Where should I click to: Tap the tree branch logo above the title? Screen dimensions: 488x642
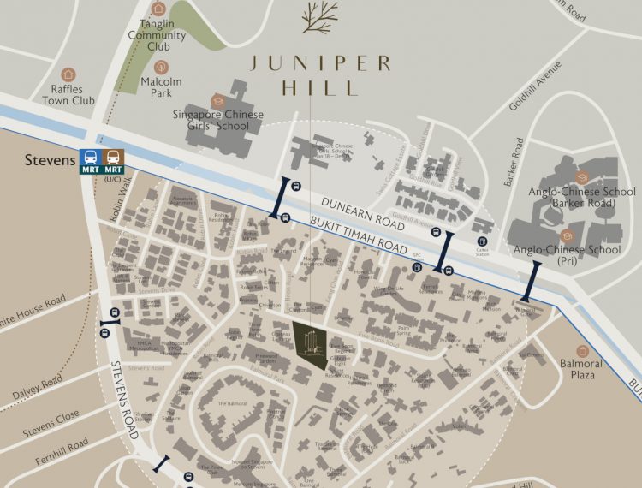point(320,16)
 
